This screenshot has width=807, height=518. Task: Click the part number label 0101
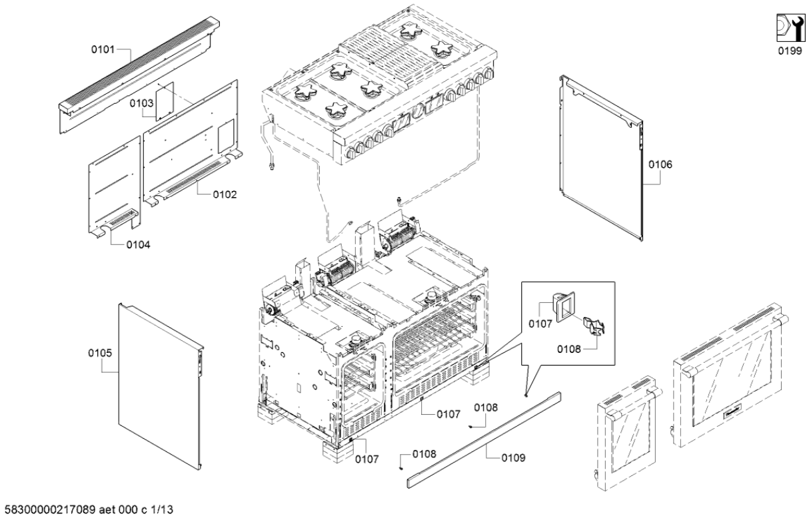(x=103, y=49)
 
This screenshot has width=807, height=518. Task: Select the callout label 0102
(x=225, y=194)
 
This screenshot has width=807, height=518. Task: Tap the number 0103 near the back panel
(x=141, y=103)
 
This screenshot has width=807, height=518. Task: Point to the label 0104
(x=139, y=244)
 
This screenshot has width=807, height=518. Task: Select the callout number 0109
(x=514, y=458)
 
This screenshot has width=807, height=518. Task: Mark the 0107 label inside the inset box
(x=540, y=325)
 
